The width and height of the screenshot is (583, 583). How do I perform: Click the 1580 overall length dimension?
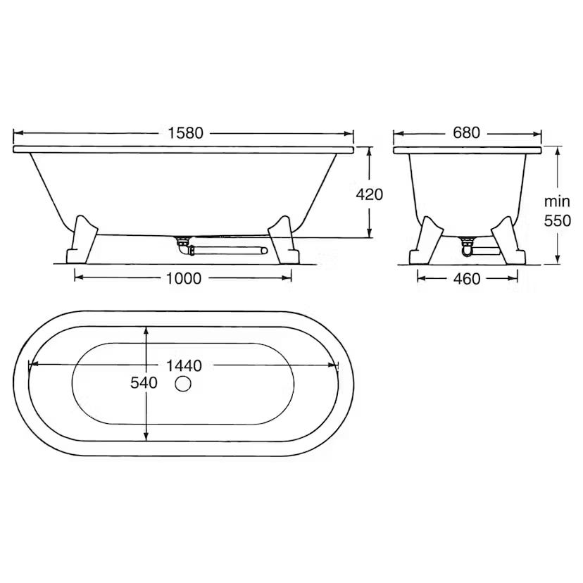click(186, 133)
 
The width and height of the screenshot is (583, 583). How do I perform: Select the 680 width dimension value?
click(467, 133)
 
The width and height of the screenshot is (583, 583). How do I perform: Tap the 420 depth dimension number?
click(369, 194)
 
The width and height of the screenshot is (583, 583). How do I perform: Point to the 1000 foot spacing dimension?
click(183, 278)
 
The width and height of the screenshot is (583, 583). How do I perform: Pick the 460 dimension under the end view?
click(467, 279)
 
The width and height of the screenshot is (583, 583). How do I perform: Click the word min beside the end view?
click(557, 201)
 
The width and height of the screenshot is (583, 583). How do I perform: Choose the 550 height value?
click(558, 221)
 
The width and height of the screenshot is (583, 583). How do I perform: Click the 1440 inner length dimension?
click(184, 365)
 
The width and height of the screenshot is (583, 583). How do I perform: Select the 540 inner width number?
click(144, 382)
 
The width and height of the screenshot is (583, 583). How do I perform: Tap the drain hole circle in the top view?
click(183, 384)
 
